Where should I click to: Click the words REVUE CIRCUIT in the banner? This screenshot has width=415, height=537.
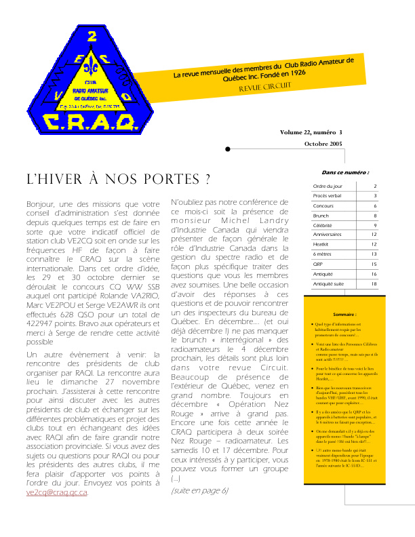[x=264, y=87]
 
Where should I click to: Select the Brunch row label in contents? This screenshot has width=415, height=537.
[x=321, y=215]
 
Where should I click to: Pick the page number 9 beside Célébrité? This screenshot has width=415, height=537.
[x=375, y=225]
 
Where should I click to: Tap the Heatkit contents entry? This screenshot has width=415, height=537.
[x=321, y=244]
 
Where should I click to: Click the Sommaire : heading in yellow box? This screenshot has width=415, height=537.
[x=345, y=315]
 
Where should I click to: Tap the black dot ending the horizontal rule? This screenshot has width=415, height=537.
[x=228, y=149]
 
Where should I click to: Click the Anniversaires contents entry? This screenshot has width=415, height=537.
[x=328, y=235]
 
